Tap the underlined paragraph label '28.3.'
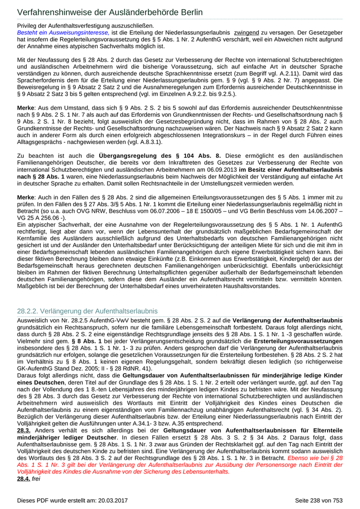(x=24, y=429)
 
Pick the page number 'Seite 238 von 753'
(x=318, y=500)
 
